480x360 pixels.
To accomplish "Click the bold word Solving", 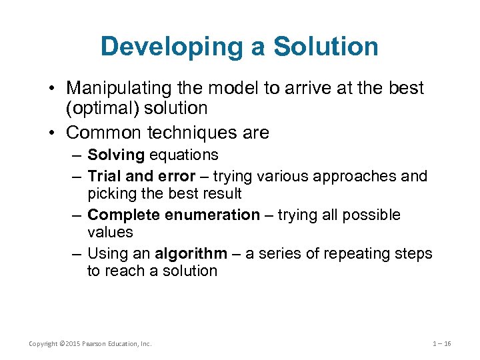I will (116, 155).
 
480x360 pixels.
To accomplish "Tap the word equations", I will (184, 155).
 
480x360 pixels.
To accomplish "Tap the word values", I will (110, 232).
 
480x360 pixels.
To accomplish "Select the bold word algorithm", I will (191, 253).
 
